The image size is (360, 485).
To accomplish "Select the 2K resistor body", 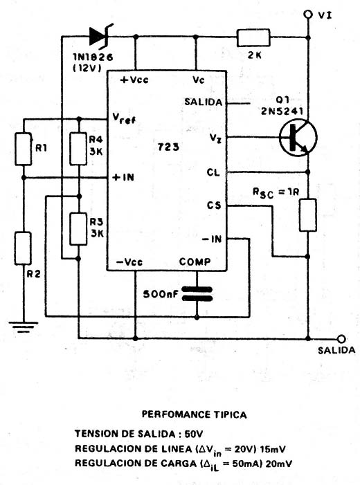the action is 253,38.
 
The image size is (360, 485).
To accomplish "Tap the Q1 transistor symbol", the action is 298,137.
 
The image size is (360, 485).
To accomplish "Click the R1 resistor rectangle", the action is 24,149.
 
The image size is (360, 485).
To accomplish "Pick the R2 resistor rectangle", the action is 23,248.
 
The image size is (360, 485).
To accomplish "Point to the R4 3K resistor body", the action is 78,149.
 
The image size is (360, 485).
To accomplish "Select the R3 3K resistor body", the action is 78,229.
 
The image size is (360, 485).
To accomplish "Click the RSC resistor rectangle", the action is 308,215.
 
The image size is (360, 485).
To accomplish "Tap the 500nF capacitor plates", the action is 197,294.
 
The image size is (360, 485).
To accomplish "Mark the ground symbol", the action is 24,327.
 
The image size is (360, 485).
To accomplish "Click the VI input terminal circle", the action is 307,15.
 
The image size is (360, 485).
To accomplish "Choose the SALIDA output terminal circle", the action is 341,339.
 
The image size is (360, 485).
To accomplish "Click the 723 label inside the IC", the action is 168,147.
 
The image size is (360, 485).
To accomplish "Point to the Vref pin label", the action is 124,118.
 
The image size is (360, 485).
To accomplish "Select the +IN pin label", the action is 123,177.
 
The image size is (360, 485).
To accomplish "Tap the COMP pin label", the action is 195,262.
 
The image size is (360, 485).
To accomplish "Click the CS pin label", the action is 214,205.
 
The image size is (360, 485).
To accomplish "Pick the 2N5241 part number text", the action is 282,111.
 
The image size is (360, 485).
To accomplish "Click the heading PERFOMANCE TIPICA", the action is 195,414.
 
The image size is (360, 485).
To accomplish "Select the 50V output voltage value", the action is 194,434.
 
